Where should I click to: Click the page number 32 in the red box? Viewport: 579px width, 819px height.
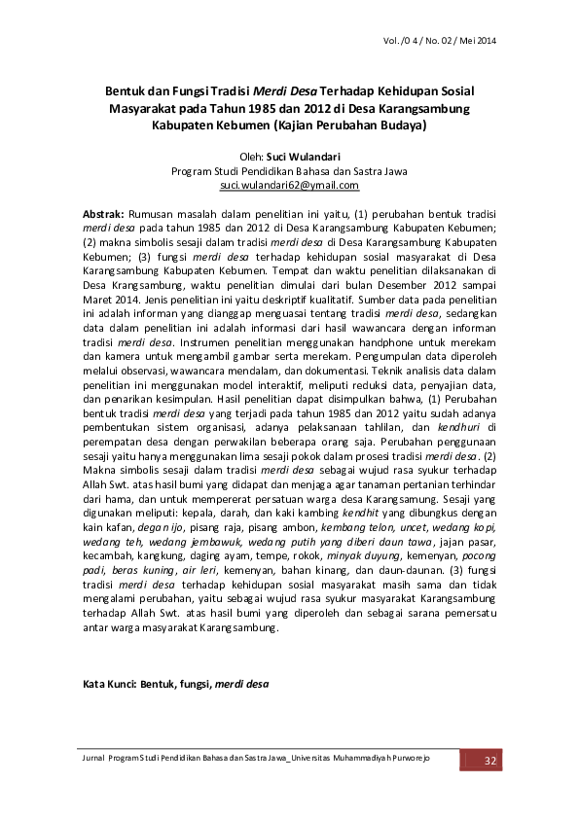tap(490, 759)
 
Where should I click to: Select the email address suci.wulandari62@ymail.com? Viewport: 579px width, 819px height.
tap(289, 184)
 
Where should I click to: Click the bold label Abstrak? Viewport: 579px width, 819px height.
tap(102, 212)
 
